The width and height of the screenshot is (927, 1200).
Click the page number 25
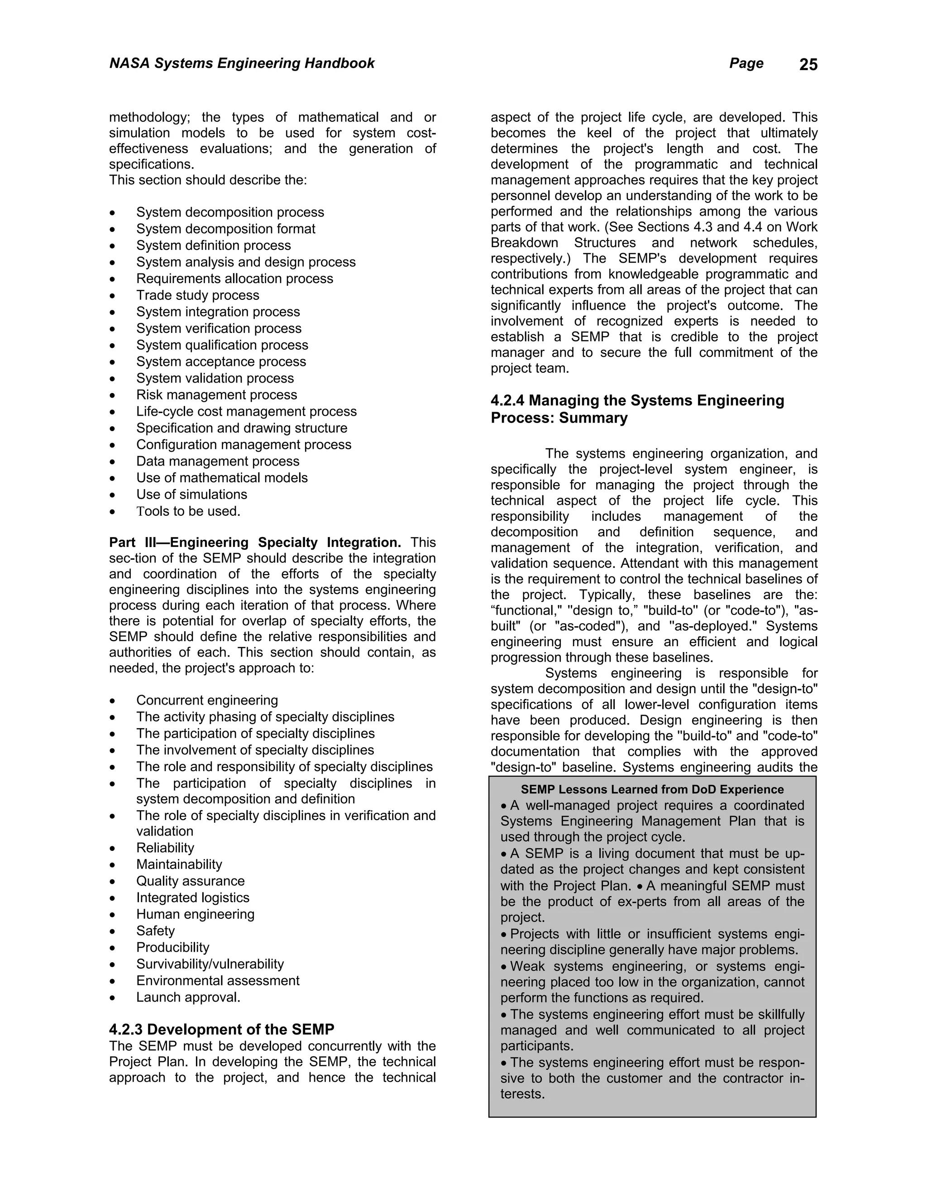[808, 65]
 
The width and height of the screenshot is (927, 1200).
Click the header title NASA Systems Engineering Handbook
[242, 63]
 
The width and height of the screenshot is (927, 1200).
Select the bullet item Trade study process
[197, 295]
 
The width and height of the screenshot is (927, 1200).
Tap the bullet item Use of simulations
[191, 494]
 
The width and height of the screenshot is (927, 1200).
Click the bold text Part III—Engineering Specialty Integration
[255, 542]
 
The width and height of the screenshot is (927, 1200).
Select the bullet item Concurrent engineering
[207, 700]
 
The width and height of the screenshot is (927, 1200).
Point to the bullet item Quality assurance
[190, 881]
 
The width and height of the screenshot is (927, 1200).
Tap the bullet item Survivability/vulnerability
[210, 964]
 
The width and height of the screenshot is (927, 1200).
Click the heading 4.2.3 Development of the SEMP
[221, 1029]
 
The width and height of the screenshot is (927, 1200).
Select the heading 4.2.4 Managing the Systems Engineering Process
[637, 409]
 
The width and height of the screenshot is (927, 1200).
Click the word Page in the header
[746, 63]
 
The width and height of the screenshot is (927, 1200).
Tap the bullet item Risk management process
[216, 394]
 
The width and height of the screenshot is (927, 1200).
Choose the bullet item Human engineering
[195, 914]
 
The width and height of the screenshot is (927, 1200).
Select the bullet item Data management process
[217, 461]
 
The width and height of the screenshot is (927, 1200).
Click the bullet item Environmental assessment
[217, 980]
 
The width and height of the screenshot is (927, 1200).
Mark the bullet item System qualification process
[222, 345]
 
